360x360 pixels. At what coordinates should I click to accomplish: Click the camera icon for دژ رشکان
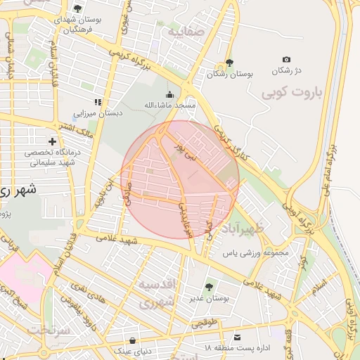click(285, 60)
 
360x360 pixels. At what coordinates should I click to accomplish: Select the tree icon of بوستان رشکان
click(229, 63)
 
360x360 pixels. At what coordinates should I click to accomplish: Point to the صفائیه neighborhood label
click(185, 31)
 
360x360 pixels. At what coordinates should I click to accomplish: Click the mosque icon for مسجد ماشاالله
click(169, 95)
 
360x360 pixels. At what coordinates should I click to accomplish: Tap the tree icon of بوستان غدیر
click(209, 286)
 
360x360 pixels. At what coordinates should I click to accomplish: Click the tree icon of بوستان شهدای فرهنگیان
click(77, 8)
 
